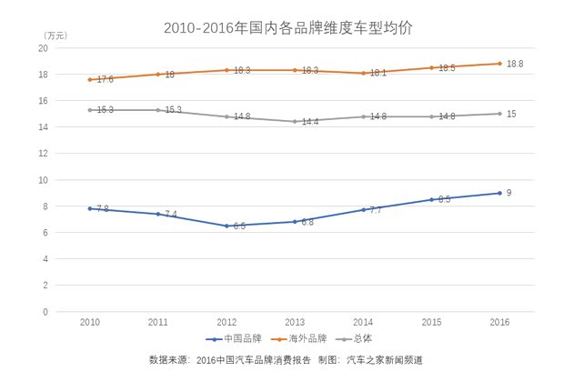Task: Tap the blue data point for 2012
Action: [x=226, y=226]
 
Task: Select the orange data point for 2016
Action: [x=499, y=64]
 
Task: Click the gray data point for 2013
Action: [x=295, y=122]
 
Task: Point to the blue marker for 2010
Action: [x=89, y=208]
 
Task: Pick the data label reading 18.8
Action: [x=515, y=64]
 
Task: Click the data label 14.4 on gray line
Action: [x=310, y=122]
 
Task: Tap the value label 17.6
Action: [x=105, y=80]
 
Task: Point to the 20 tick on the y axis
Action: [x=43, y=48]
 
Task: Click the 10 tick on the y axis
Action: [x=43, y=180]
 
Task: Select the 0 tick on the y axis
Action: [x=45, y=312]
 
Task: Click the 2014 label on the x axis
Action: [x=363, y=323]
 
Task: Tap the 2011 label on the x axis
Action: [x=157, y=323]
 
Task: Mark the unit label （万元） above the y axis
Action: [x=55, y=35]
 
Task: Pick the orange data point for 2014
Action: [x=363, y=73]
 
